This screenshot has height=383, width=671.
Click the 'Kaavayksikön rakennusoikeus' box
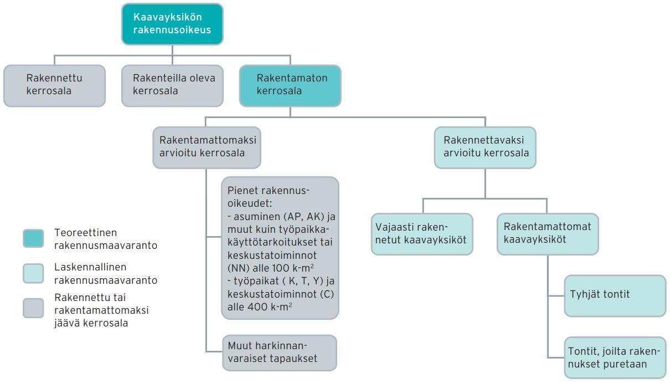point(172,24)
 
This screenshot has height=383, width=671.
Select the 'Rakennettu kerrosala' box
point(54,85)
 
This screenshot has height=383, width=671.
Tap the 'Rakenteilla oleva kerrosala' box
point(172,85)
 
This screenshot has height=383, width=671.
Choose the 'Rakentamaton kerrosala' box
point(290,85)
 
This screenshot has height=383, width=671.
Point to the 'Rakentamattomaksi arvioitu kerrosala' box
point(207,147)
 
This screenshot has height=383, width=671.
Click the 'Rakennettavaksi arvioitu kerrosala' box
point(485,147)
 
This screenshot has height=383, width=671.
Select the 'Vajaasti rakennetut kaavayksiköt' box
point(422,234)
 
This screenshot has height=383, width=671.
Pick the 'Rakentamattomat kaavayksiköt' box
point(548,234)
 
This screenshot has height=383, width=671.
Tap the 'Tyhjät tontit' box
point(615,295)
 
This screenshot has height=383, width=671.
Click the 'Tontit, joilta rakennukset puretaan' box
point(615,358)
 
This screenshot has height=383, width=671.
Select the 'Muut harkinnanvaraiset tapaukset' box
point(279,353)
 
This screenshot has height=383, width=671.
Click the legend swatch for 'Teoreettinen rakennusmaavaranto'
point(33,238)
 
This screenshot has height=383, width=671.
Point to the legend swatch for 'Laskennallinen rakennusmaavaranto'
point(33,273)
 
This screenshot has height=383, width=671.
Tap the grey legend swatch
point(33,308)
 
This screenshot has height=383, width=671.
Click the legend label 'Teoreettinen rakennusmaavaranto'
point(105,239)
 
